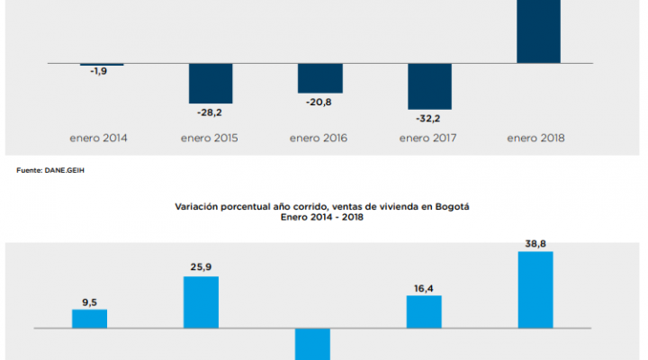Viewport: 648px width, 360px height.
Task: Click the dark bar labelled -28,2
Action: tap(211, 83)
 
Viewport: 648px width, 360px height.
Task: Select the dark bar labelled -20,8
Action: tap(319, 78)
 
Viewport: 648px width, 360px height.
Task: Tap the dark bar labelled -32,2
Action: tap(429, 86)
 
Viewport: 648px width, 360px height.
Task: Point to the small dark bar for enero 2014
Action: tap(102, 65)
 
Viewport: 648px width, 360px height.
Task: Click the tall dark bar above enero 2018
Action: tap(538, 31)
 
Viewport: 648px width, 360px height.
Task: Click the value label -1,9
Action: tap(99, 72)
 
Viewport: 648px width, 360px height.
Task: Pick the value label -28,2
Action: tap(210, 114)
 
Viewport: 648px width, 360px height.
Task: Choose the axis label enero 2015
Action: tap(209, 139)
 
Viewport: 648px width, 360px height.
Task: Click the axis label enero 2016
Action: tap(319, 139)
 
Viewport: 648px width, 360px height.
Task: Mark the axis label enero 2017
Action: tap(428, 139)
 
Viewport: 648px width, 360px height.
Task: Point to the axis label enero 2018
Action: tap(536, 139)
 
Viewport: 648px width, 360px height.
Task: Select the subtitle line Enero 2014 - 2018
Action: tap(322, 217)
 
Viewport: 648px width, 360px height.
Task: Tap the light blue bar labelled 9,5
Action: tap(89, 319)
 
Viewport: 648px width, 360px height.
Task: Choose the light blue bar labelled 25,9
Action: tap(201, 301)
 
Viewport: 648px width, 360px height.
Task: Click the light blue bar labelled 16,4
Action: tap(424, 311)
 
